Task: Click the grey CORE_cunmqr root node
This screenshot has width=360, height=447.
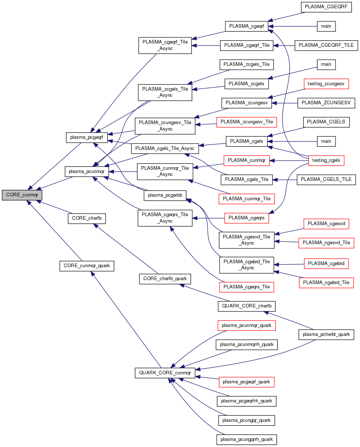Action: coord(22,195)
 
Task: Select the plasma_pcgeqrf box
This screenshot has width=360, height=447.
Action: coord(87,137)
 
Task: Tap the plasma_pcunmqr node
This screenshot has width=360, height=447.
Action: coord(86,172)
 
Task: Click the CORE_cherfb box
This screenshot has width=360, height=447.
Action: coord(87,218)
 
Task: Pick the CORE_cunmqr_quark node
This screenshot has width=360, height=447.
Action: coord(87,266)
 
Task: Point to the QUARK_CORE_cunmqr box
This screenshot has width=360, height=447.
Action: coord(165,373)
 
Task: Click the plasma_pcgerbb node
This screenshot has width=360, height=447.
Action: coord(165,195)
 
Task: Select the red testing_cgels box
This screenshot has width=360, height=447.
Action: coord(326,160)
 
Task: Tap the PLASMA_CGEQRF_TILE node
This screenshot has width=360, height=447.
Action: coord(326,45)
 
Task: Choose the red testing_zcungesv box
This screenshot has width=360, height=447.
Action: coord(326,84)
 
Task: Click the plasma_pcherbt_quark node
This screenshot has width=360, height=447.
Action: coord(326,334)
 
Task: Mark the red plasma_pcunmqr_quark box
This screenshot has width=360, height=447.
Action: coord(247,325)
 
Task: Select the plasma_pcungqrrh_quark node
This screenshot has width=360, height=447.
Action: coord(247,439)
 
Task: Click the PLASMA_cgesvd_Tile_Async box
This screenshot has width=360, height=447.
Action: coord(247,240)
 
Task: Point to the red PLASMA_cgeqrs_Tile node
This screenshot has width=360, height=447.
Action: coord(247,287)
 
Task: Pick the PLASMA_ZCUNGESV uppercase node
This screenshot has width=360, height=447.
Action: coord(326,103)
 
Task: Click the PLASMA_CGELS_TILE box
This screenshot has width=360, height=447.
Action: coord(326,179)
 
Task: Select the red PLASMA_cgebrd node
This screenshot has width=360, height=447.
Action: coord(326,264)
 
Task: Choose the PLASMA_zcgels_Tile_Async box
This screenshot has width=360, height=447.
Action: coord(165,92)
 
